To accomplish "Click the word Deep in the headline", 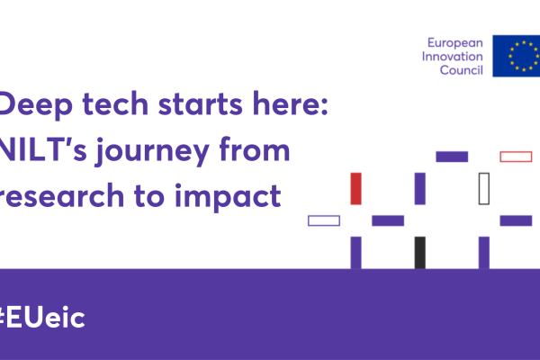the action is pos(36,104).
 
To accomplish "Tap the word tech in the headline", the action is pos(115,103).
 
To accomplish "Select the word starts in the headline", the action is pos(201,104).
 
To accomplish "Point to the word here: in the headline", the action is pos(291,103).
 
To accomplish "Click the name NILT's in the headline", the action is pos(43,149).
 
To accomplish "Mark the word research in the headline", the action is pos(62,195).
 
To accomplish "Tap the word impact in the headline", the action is pos(228,197).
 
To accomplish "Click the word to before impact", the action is pos(149,196).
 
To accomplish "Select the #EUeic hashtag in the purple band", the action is pos(42,318).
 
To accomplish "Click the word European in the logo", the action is pos(454,43).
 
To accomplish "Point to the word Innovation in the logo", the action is pos(452,56).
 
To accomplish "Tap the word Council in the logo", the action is pos(461,70).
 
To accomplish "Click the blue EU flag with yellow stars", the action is pos(517,56).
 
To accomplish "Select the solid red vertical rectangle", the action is pos(355,189).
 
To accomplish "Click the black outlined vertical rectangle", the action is pos(479,189).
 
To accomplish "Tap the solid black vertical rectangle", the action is pos(419,253).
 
